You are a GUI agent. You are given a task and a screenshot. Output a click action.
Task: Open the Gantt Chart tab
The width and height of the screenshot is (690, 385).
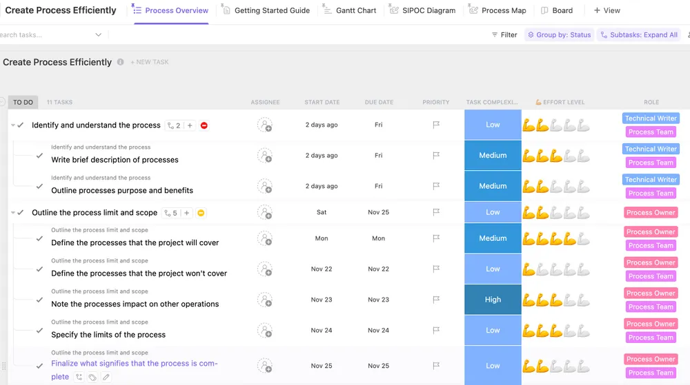click(x=349, y=10)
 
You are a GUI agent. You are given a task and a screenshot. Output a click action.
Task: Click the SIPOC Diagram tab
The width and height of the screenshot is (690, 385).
click(x=422, y=10)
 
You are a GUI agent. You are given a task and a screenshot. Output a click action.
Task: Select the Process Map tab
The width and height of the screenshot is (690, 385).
click(x=497, y=10)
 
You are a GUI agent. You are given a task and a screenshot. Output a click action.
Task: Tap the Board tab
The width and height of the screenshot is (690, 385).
click(x=557, y=10)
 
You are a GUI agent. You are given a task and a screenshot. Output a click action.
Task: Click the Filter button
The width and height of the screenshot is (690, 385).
click(x=504, y=34)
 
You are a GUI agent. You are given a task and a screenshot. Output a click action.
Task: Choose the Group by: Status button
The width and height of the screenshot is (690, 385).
click(x=560, y=34)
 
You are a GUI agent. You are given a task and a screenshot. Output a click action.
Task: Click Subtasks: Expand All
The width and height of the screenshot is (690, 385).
click(x=639, y=34)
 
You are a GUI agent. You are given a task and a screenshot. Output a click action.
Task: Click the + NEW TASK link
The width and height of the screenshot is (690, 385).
click(x=150, y=62)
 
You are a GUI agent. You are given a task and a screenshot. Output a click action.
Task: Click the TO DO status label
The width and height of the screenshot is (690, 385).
click(x=23, y=103)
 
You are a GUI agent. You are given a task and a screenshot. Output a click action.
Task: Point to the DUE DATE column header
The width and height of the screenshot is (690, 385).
click(x=379, y=103)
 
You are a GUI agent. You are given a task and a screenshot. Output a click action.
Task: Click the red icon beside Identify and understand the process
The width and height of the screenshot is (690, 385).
click(x=204, y=125)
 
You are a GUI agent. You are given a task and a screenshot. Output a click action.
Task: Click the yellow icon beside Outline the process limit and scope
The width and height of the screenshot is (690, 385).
click(x=201, y=213)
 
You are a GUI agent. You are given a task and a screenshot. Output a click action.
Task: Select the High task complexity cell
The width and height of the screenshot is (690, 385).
click(x=493, y=300)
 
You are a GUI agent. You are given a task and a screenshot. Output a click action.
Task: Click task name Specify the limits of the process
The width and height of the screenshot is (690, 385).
click(x=108, y=335)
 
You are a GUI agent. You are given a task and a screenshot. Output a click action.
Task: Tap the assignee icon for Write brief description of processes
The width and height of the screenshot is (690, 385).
click(x=265, y=156)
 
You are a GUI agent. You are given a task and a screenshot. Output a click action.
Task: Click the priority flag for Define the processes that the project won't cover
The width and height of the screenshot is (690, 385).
click(x=436, y=269)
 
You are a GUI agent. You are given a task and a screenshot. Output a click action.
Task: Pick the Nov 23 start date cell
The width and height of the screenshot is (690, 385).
click(x=322, y=300)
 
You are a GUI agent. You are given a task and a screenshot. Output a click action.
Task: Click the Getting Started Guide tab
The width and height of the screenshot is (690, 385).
click(x=266, y=10)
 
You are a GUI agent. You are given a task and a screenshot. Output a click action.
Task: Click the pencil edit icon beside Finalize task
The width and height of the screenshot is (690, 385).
click(x=106, y=377)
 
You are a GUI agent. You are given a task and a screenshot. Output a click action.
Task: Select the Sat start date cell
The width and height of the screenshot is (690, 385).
click(x=322, y=212)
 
